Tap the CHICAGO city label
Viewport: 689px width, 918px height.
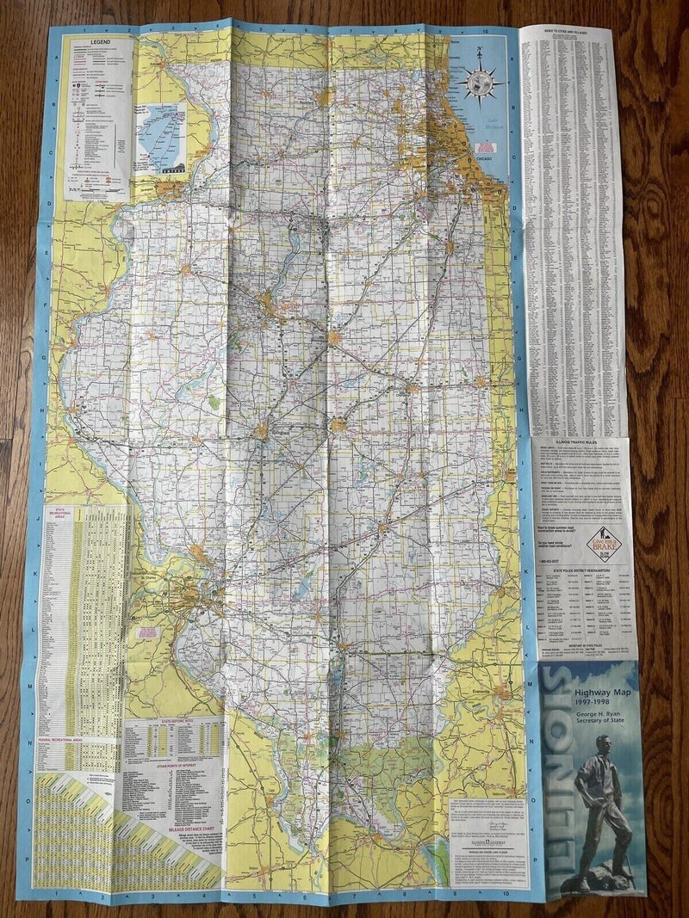tap(481, 159)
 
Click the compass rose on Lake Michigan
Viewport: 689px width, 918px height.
tap(482, 84)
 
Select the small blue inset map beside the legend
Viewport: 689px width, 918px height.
tap(160, 137)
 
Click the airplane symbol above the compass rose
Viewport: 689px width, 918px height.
tap(476, 53)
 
